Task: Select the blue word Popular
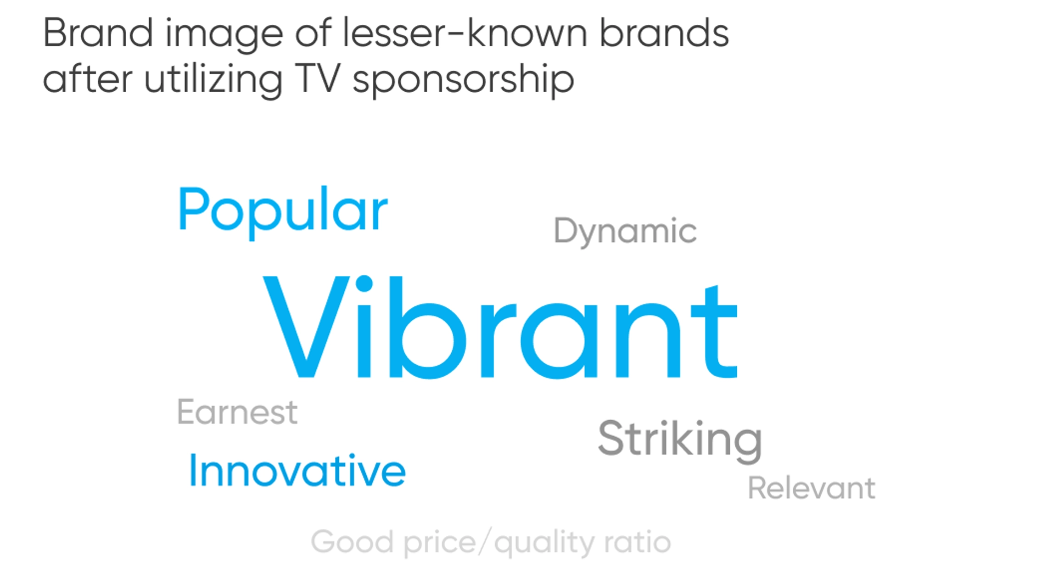pyautogui.click(x=283, y=212)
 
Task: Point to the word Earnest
pyautogui.click(x=237, y=412)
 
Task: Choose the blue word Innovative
pyautogui.click(x=297, y=470)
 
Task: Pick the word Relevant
pyautogui.click(x=812, y=488)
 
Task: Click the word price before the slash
pyautogui.click(x=439, y=544)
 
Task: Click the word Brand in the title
pyautogui.click(x=98, y=33)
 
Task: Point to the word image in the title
pyautogui.click(x=224, y=36)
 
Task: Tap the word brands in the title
pyautogui.click(x=664, y=33)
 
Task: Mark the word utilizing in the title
pyautogui.click(x=213, y=81)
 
